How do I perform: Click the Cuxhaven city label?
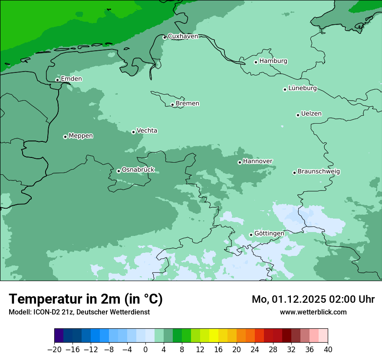[183, 36]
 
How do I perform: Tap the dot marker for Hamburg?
[256, 62]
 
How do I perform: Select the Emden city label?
[71, 79]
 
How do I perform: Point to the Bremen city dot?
[172, 105]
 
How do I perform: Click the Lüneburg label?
[303, 88]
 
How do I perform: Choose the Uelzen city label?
[311, 114]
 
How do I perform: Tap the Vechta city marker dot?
[134, 132]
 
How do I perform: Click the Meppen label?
[81, 136]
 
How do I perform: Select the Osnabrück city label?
[138, 170]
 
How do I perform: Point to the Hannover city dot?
[240, 162]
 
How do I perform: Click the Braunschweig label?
[319, 172]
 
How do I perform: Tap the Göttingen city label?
[269, 234]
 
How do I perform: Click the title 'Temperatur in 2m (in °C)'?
[86, 299]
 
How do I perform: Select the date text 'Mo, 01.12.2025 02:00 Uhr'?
[313, 299]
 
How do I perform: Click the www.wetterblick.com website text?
[313, 312]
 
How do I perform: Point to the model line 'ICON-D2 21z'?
[50, 312]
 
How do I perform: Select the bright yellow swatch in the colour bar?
[214, 336]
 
